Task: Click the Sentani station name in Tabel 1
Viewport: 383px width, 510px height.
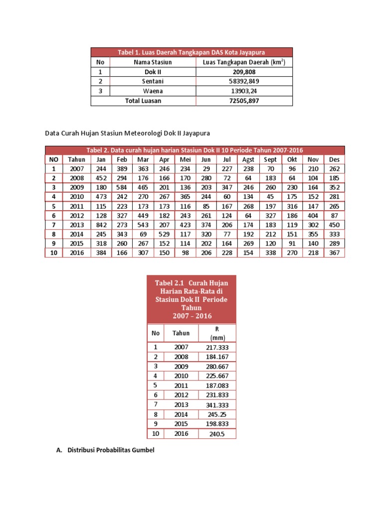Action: [153, 81]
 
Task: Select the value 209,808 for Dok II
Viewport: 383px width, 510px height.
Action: [244, 72]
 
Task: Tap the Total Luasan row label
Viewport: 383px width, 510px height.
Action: [143, 101]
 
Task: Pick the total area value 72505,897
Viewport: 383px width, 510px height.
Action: [244, 101]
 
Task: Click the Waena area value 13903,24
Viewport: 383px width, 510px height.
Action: [244, 91]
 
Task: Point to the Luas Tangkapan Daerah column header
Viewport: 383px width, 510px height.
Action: [244, 62]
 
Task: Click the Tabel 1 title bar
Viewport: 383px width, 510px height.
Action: [191, 52]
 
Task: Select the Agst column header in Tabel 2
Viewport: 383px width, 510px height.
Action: [248, 159]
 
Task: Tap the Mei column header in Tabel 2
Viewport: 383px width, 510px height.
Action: [186, 159]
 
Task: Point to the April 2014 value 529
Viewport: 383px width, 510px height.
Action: [164, 234]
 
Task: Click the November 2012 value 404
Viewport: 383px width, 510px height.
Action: [313, 215]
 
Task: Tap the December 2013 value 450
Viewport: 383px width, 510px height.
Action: [334, 225]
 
